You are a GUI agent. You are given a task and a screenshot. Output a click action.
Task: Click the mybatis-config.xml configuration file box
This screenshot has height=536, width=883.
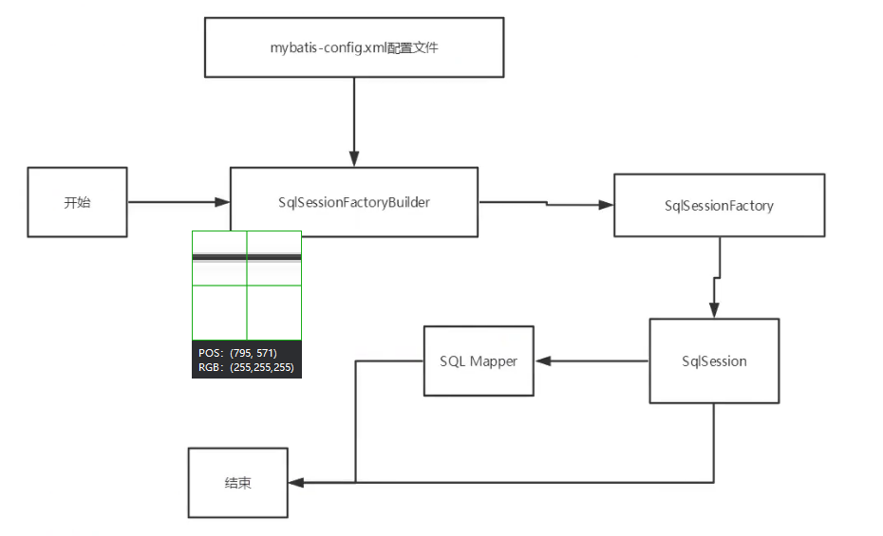tap(354, 48)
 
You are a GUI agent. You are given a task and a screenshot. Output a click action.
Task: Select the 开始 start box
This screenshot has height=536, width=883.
tap(78, 202)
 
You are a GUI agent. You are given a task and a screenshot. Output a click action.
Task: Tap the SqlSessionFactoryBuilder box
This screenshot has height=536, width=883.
tap(353, 202)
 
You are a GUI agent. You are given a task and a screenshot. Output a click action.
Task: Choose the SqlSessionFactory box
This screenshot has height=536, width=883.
tap(719, 205)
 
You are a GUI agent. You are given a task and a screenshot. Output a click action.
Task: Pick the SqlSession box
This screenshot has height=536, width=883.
tap(714, 360)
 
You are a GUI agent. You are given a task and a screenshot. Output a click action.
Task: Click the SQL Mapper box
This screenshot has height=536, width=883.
tap(479, 360)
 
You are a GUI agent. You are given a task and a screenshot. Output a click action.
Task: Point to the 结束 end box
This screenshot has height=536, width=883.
tap(237, 483)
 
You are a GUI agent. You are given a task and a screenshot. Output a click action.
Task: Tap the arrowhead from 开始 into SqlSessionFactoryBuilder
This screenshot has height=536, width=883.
tap(222, 202)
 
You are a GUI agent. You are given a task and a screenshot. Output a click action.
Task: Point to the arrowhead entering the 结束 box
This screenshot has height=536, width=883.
tap(295, 483)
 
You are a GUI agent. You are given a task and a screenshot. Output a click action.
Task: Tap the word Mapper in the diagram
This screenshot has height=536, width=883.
tap(494, 360)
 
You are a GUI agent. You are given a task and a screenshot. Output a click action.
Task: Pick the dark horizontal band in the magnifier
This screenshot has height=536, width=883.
tap(247, 257)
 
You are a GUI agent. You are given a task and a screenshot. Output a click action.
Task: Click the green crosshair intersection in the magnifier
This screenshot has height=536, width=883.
tap(247, 285)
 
